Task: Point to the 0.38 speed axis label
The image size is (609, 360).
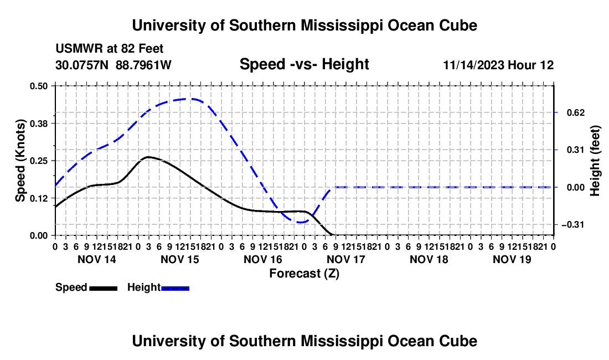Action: pos(38,124)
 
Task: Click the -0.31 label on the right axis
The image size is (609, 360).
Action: pos(573,224)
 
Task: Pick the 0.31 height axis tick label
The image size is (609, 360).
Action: pos(576,150)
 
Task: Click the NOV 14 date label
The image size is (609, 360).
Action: pos(97,259)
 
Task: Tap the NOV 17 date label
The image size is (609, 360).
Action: pos(346,259)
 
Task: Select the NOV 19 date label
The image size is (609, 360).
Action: pos(512,259)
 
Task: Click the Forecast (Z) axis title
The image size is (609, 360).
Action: pos(304,274)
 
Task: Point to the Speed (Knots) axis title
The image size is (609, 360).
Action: pos(20,161)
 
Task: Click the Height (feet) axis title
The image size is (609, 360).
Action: pos(595,161)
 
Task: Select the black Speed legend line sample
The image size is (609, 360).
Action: pos(104,289)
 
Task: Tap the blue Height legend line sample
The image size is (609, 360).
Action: pos(175,289)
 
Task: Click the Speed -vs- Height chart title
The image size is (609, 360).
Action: pos(304,64)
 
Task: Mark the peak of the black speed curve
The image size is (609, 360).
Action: pos(148,157)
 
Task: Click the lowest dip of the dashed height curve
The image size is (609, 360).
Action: pos(300,223)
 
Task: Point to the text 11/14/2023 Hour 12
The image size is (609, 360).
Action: pos(499,65)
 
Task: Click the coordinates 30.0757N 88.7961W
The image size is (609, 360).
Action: pos(113,65)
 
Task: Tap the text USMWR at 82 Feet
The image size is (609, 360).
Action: pos(110,49)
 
